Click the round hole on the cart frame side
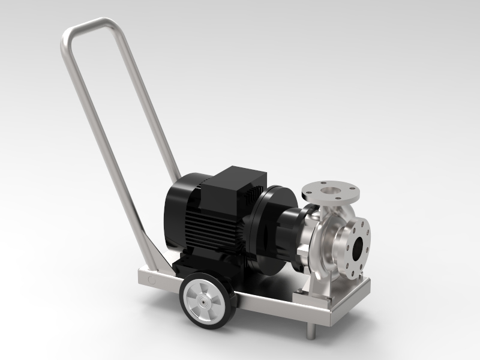point(151,279)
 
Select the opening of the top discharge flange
point(331,190)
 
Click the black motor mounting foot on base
point(180,264)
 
